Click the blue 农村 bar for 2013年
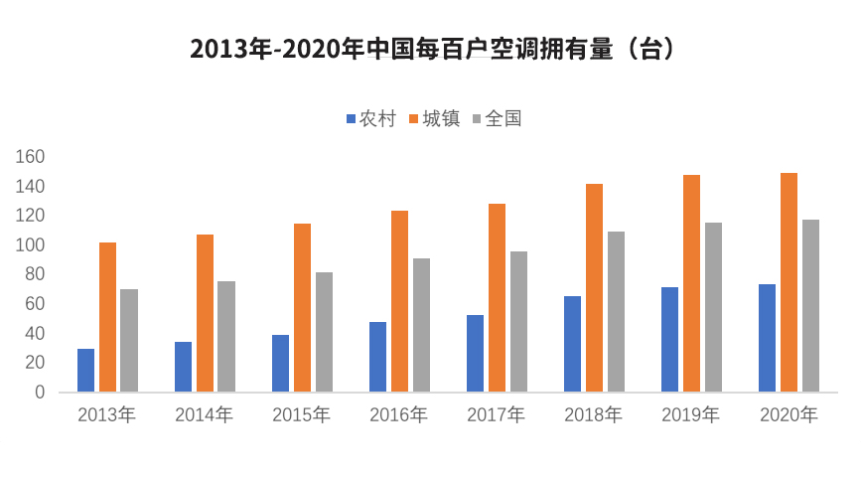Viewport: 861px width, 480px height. pyautogui.click(x=85, y=370)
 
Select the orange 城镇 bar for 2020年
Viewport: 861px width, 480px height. pyautogui.click(x=789, y=282)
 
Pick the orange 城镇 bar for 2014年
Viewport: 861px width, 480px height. pyautogui.click(x=205, y=313)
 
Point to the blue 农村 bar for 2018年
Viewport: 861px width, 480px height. pyautogui.click(x=572, y=344)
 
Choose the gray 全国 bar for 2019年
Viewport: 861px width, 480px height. pyautogui.click(x=713, y=307)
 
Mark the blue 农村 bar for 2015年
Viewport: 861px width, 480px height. pyautogui.click(x=280, y=363)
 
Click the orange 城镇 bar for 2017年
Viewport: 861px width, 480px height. pyautogui.click(x=497, y=297)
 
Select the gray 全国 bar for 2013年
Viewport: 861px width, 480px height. pyautogui.click(x=129, y=340)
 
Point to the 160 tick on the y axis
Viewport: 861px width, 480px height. pyautogui.click(x=31, y=157)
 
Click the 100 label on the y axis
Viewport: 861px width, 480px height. pyautogui.click(x=31, y=245)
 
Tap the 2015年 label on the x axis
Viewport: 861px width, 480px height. pyautogui.click(x=302, y=415)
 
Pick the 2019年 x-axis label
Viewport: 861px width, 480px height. pyautogui.click(x=691, y=415)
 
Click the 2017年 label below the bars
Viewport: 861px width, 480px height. pyautogui.click(x=497, y=415)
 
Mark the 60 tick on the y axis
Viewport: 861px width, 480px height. pyautogui.click(x=35, y=304)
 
